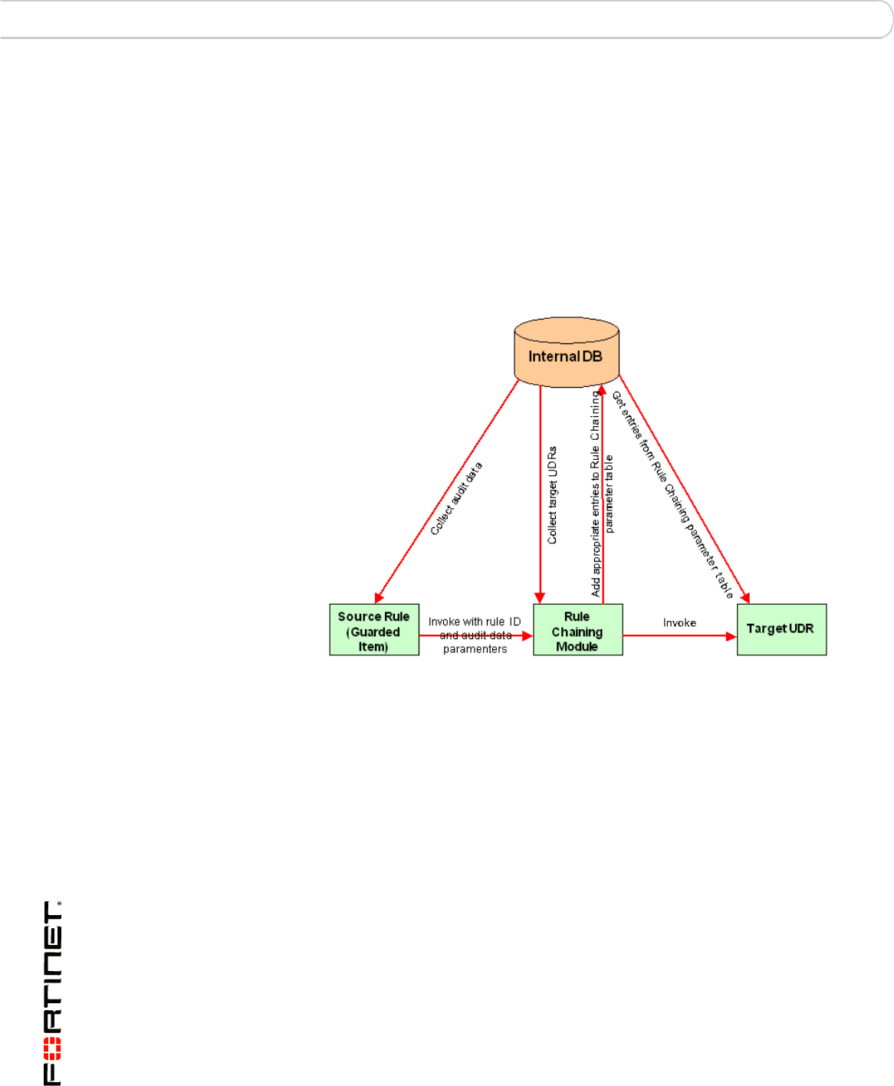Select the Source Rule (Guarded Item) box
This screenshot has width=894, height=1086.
click(x=374, y=630)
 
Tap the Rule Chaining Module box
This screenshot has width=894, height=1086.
click(x=577, y=630)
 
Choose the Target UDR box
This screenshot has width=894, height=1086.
click(x=781, y=629)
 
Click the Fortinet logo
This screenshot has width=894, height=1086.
click(x=52, y=992)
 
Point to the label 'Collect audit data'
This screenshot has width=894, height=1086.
click(x=456, y=498)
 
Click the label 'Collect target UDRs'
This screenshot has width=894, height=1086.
click(x=552, y=495)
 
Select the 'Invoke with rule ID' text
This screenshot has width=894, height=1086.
click(x=474, y=622)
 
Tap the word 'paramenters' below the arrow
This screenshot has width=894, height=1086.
click(x=475, y=649)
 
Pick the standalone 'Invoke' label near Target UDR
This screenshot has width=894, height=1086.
click(x=679, y=622)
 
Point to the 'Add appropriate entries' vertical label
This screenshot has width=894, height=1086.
click(x=596, y=494)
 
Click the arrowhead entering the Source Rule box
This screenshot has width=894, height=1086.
click(x=379, y=598)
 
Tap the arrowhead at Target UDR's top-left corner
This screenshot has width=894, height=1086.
click(x=744, y=598)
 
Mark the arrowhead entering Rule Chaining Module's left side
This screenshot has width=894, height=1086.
click(x=528, y=636)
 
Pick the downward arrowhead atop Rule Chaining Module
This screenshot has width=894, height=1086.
click(x=540, y=598)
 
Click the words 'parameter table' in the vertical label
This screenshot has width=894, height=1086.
click(x=610, y=494)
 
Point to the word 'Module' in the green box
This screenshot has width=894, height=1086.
click(x=577, y=647)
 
